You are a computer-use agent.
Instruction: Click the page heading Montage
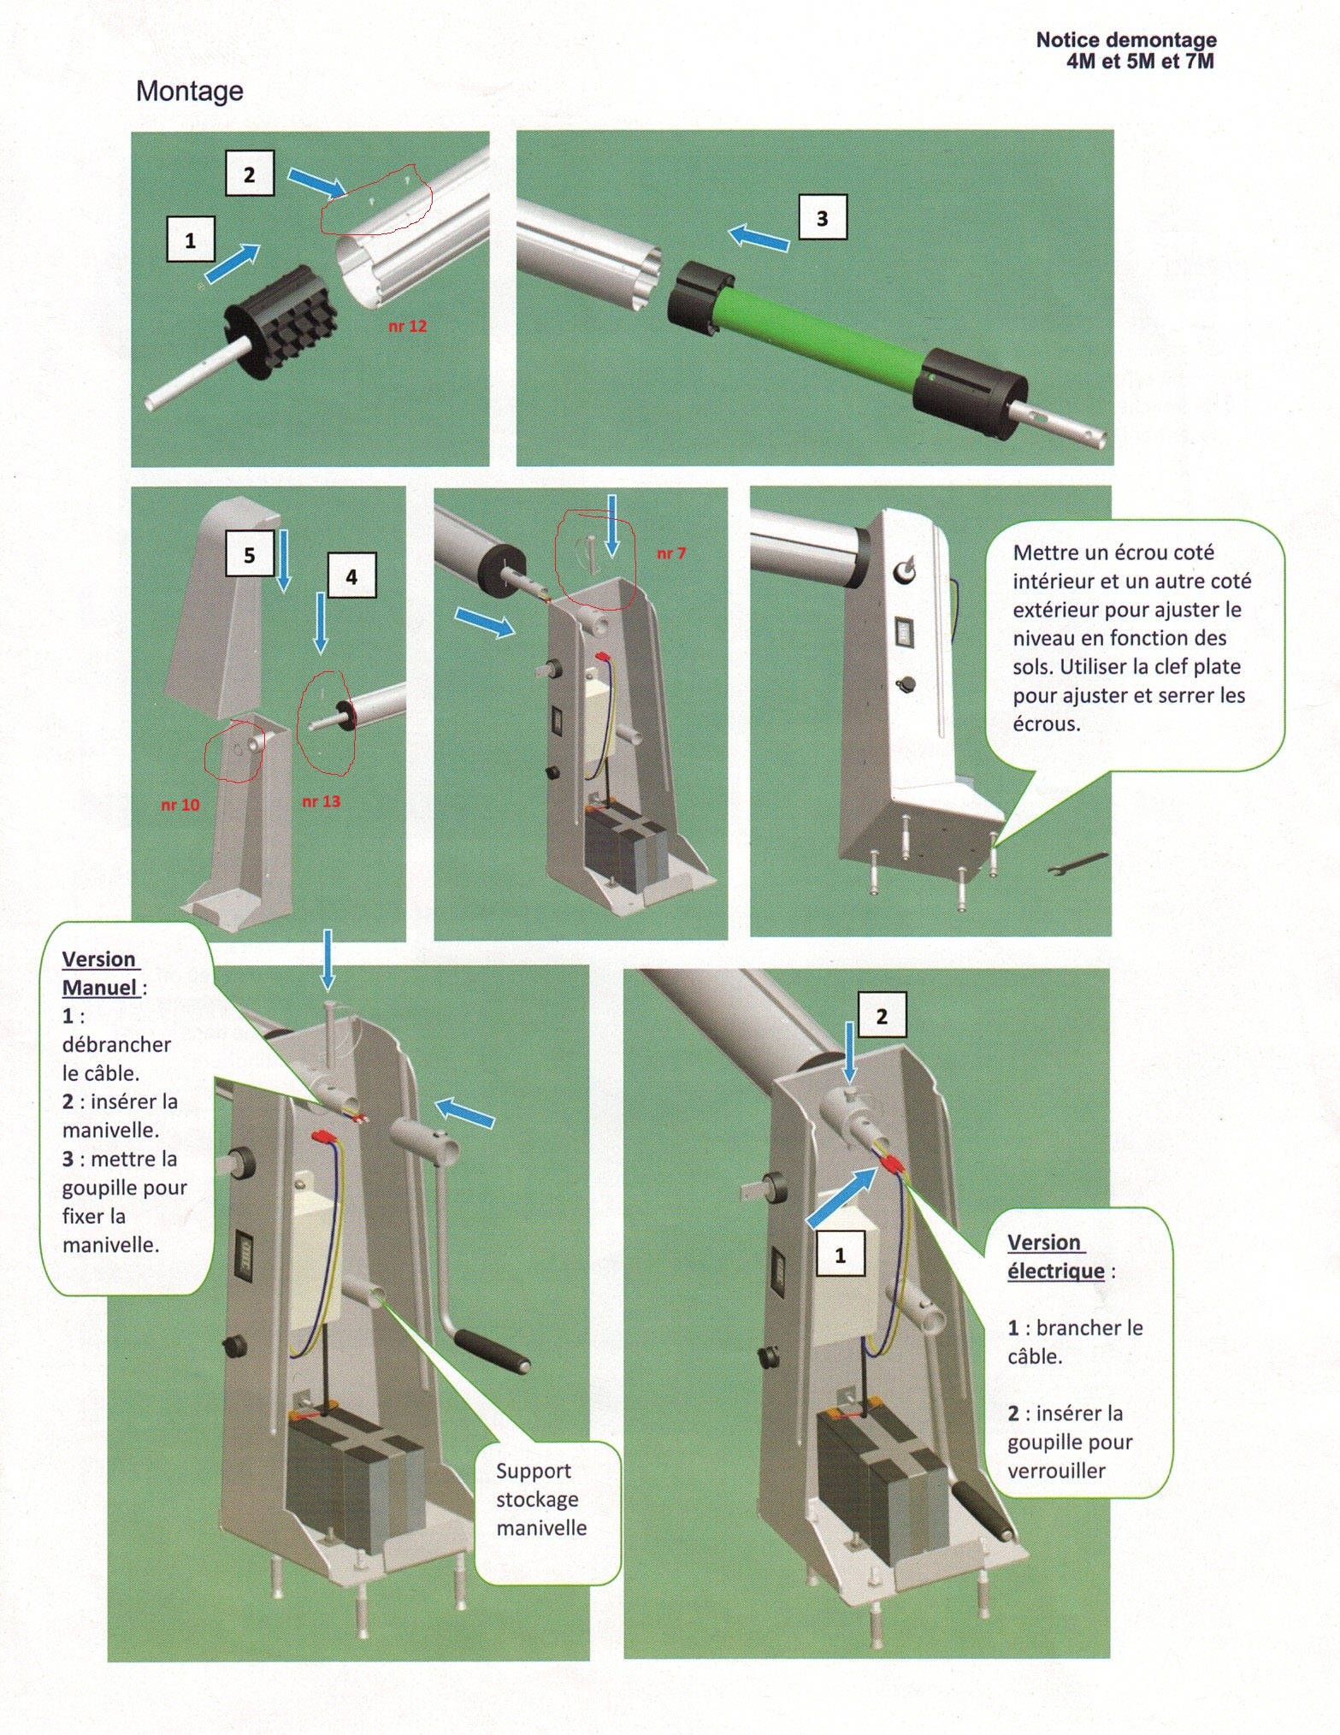point(189,91)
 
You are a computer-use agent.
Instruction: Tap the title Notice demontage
point(1125,40)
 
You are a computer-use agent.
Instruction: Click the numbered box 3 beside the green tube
point(822,217)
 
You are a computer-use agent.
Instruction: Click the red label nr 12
point(407,326)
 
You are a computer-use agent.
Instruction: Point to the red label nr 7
point(670,553)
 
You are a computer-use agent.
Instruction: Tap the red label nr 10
point(180,805)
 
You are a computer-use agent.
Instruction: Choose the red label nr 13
point(321,801)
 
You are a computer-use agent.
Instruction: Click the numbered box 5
point(249,555)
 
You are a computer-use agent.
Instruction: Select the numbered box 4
point(351,577)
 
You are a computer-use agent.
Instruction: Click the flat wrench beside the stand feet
point(1077,864)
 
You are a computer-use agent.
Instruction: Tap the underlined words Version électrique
point(1055,1256)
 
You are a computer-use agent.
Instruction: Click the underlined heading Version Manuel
point(101,973)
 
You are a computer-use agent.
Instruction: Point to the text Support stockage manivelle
point(540,1499)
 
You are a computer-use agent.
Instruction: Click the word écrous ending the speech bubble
point(1046,724)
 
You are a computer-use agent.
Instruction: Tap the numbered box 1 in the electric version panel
point(840,1255)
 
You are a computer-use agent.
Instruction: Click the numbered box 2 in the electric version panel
point(882,1016)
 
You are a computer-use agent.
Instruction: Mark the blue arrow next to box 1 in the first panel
point(233,262)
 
